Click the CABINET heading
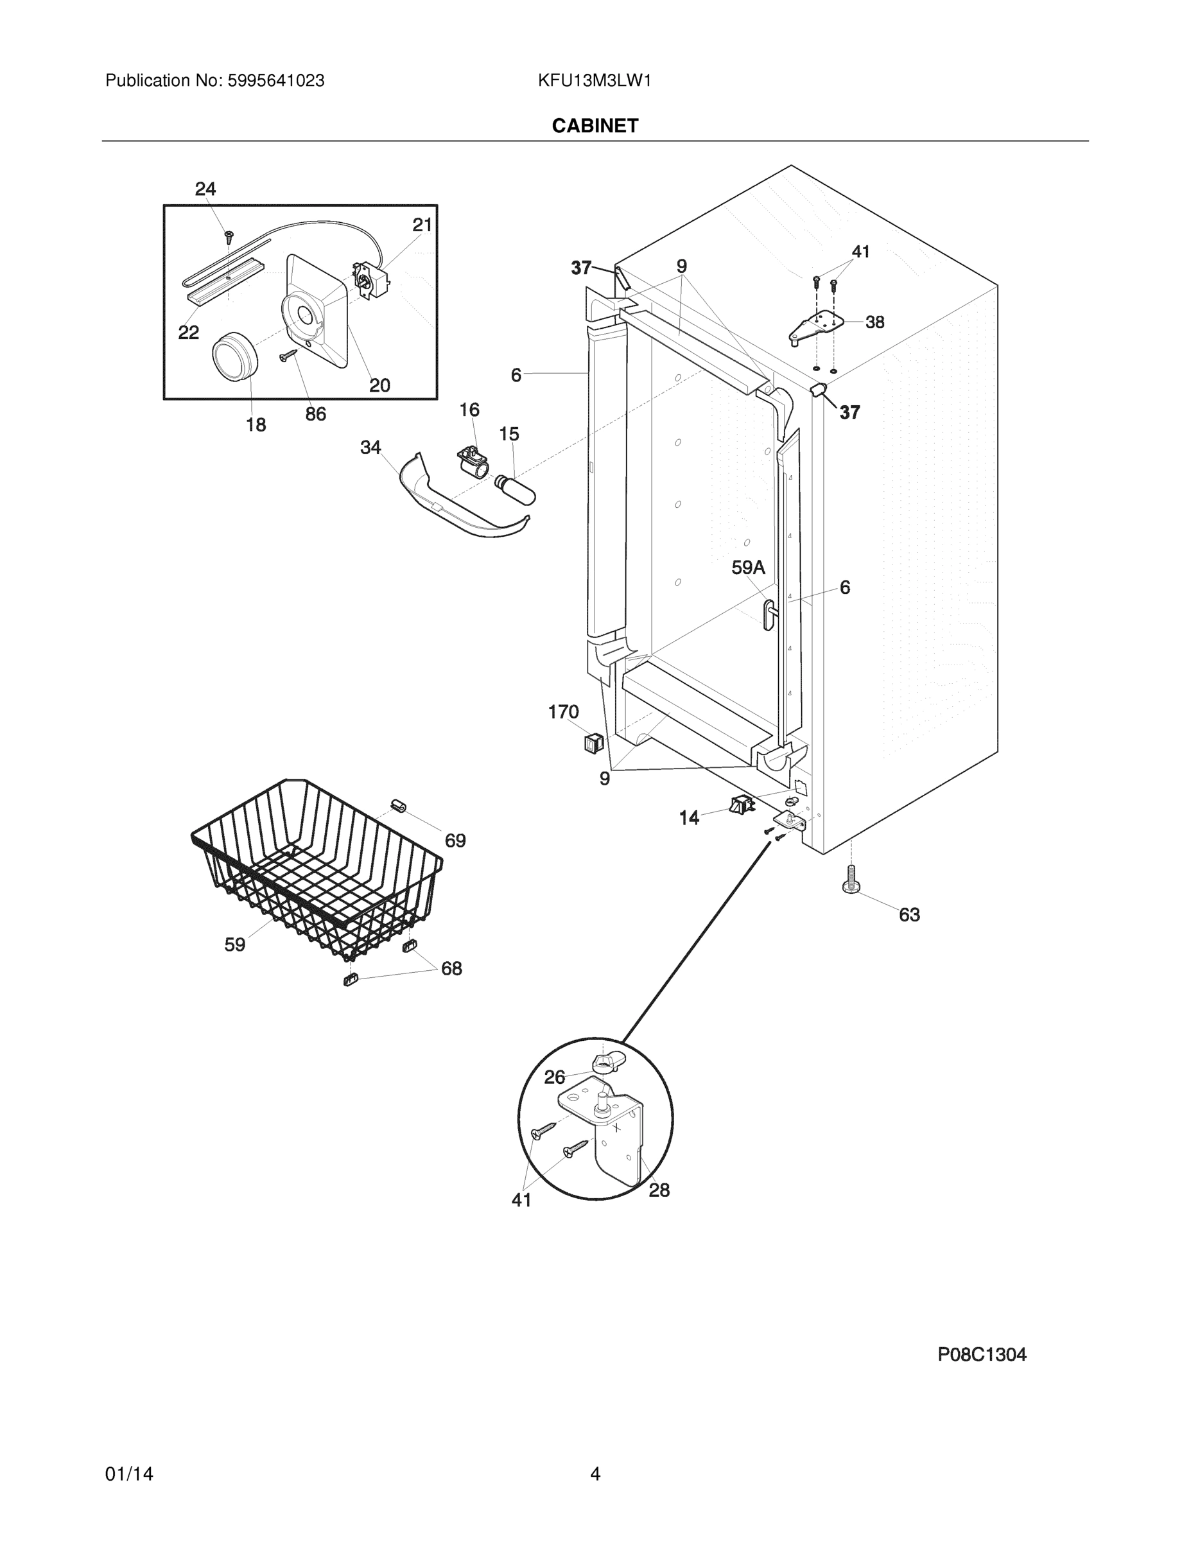[x=595, y=126]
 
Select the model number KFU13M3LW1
[x=594, y=81]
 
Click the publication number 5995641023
[x=276, y=81]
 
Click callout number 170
[x=563, y=712]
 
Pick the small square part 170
[x=593, y=742]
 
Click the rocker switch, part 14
[x=741, y=804]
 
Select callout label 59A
[x=748, y=568]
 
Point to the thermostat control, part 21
[x=371, y=281]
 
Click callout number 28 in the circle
[x=659, y=1190]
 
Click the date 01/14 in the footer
[x=129, y=1474]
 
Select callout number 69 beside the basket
[x=455, y=840]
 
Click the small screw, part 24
[x=229, y=236]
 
